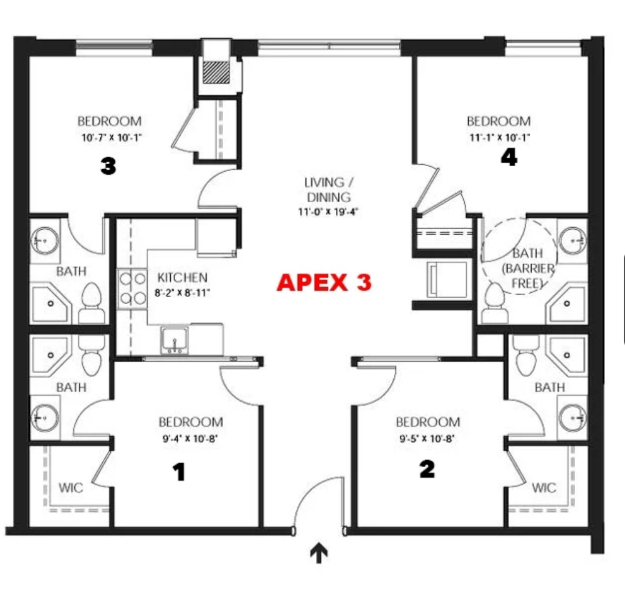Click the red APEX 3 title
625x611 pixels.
324,282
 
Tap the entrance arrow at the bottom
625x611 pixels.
319,552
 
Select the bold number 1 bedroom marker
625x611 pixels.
179,472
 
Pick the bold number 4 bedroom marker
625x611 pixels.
509,157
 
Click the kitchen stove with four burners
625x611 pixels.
132,288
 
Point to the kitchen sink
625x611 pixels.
174,340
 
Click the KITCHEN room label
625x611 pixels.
182,277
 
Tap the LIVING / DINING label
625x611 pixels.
328,189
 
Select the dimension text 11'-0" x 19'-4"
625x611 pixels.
328,212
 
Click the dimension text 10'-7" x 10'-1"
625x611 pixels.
112,138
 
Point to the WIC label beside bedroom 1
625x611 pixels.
71,487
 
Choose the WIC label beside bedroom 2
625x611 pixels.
544,487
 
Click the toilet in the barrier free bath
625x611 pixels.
495,304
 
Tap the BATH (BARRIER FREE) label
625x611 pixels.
528,268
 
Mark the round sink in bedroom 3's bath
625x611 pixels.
45,241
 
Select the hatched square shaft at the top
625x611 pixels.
216,72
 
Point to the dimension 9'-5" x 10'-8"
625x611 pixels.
427,439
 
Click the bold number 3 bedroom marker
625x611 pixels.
108,166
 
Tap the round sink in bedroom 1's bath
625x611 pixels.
45,418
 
